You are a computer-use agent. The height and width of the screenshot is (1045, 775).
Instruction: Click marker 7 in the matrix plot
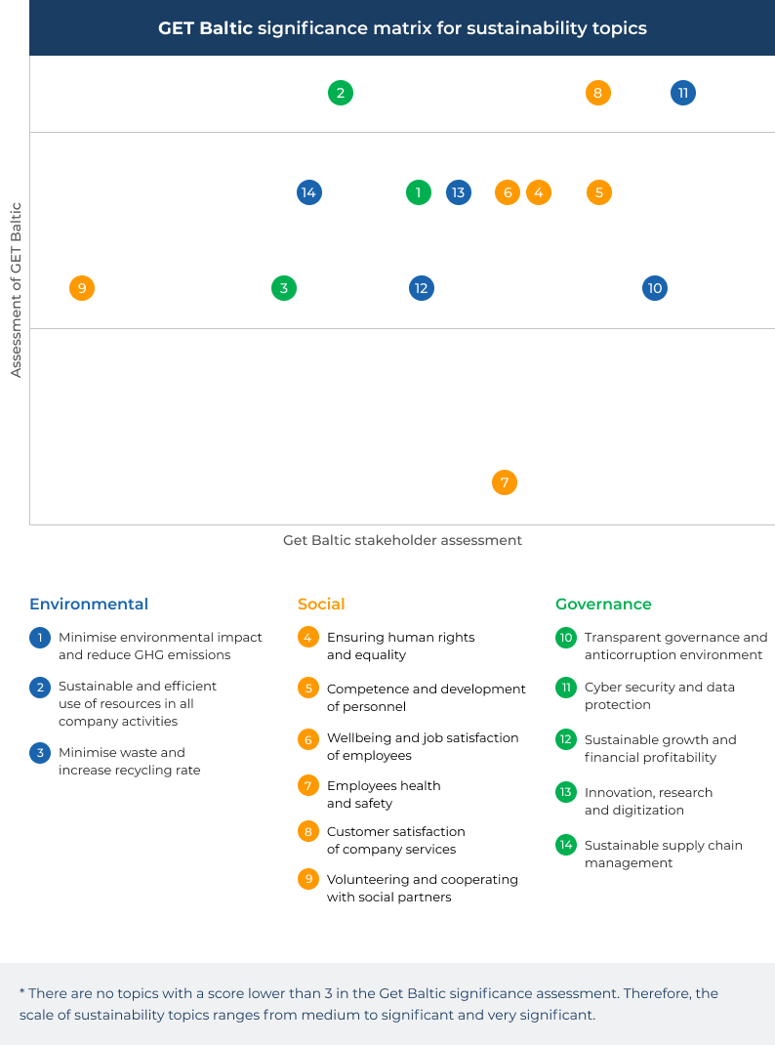(505, 482)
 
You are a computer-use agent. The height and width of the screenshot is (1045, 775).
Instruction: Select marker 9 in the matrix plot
(82, 288)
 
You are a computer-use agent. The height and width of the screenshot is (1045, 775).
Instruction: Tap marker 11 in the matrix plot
(683, 94)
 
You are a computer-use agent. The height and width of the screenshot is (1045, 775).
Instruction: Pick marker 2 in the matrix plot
(341, 94)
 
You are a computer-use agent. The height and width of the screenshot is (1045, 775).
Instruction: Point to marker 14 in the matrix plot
(309, 192)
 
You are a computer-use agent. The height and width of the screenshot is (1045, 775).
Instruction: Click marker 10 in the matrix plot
(655, 288)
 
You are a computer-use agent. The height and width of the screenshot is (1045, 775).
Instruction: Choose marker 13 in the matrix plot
(459, 192)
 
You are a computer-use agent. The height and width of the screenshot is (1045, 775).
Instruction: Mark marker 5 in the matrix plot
(599, 192)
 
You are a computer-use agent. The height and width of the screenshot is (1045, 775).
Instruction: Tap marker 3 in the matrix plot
(284, 288)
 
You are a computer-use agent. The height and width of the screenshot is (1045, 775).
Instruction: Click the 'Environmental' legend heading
(89, 604)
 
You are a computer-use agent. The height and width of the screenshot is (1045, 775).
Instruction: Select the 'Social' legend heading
(321, 604)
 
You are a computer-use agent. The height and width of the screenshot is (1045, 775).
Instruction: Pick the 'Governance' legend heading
(603, 604)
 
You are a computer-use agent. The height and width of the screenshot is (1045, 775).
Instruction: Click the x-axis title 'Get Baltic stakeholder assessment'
(402, 540)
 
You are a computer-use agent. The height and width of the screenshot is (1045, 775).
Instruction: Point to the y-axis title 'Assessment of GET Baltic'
(16, 290)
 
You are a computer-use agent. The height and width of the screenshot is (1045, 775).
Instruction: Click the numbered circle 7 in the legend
(308, 786)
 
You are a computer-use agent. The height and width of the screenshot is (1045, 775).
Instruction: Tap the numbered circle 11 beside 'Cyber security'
(566, 688)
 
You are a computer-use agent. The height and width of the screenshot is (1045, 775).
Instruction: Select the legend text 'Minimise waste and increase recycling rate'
(129, 761)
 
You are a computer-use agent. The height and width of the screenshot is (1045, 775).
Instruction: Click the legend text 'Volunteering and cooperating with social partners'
(422, 889)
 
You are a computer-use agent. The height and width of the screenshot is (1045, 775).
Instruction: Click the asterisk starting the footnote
(22, 992)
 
